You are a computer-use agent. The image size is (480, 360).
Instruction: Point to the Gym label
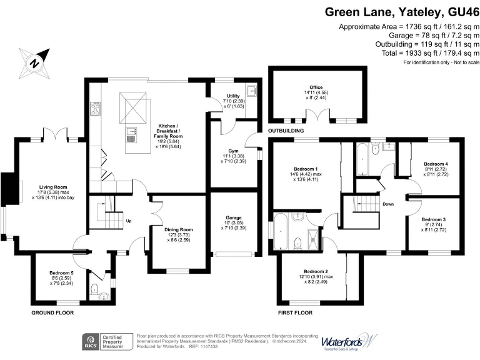tap(233, 152)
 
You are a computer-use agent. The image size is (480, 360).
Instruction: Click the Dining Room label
tap(178, 229)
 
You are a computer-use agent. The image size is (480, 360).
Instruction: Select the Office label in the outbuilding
tap(316, 87)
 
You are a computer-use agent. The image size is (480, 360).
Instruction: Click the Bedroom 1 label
tap(306, 169)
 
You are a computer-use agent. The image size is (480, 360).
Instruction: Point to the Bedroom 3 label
tap(433, 220)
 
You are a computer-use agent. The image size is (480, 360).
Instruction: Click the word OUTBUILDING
tap(286, 131)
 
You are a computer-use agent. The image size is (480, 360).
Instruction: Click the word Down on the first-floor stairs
tap(388, 204)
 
